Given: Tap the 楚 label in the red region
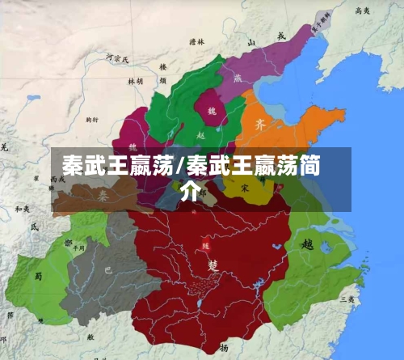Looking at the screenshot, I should coord(213,265).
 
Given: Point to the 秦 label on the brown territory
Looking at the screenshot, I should coord(103,196).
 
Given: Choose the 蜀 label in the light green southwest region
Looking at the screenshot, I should coord(37,275).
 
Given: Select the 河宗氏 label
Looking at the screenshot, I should coord(117,57).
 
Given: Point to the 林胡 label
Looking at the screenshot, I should coord(135,81).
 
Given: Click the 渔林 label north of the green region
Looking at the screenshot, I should coord(197,41).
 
